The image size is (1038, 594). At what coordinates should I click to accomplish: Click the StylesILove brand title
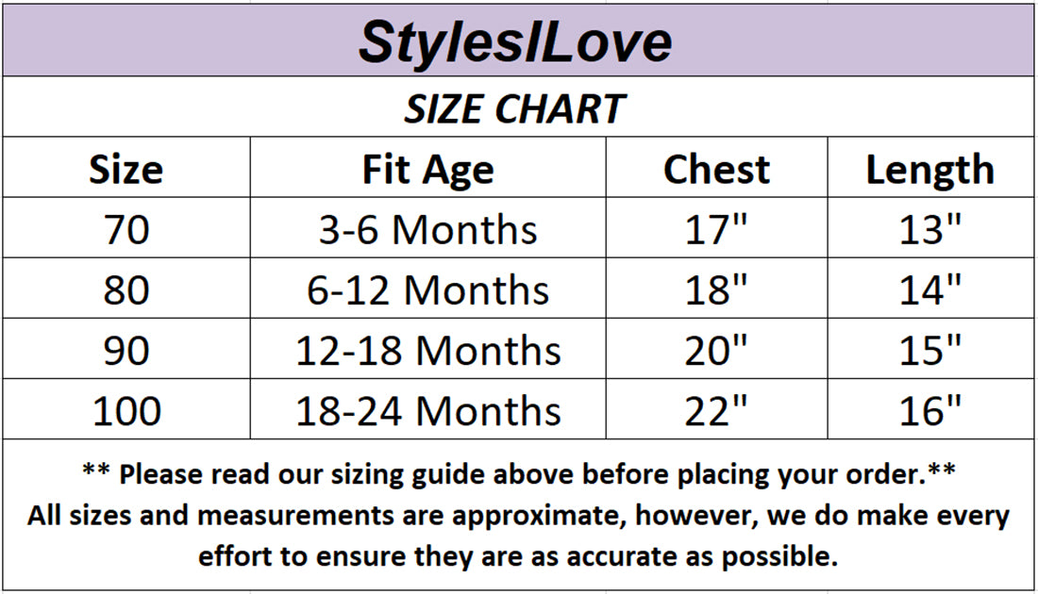click(x=515, y=42)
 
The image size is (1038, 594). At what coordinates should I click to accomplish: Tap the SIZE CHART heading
click(x=514, y=109)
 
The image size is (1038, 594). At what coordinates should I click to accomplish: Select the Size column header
click(x=126, y=170)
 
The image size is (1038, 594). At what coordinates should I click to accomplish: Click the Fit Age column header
click(x=427, y=171)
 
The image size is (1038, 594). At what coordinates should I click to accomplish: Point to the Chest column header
click(x=716, y=170)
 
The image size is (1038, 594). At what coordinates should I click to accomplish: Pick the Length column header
click(x=930, y=171)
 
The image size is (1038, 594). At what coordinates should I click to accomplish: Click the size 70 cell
click(x=126, y=230)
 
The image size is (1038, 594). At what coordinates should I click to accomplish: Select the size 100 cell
click(x=126, y=411)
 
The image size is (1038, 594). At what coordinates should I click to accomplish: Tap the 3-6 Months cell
click(x=427, y=230)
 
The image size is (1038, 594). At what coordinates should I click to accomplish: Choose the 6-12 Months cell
click(x=427, y=290)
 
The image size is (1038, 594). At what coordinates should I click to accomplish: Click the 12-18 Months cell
click(x=427, y=351)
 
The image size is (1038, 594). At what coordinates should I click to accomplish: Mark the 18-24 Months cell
click(x=427, y=411)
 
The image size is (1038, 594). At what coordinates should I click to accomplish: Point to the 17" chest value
click(x=715, y=229)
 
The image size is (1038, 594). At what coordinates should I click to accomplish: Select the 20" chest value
click(x=715, y=351)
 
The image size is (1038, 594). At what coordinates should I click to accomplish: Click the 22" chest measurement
click(x=715, y=411)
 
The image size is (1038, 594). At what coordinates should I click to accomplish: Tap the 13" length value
click(x=930, y=229)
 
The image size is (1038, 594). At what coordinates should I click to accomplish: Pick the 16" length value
click(x=930, y=411)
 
